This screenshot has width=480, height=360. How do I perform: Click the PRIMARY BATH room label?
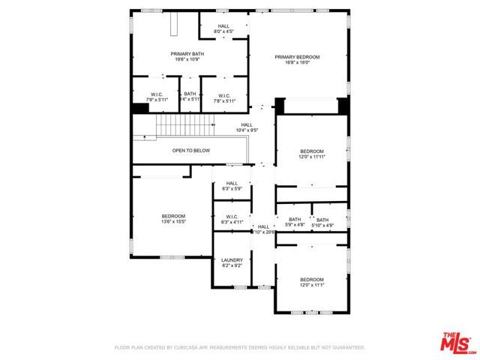(x=187, y=54)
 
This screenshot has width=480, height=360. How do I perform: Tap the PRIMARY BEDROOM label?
(x=297, y=57)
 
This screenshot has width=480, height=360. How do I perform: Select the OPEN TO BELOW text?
(x=190, y=151)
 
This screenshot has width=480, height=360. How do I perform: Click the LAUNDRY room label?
(x=232, y=260)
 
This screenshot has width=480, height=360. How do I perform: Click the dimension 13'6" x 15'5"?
(x=172, y=222)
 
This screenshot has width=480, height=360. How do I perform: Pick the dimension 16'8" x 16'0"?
(x=297, y=63)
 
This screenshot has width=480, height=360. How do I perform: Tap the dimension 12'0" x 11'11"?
(x=311, y=157)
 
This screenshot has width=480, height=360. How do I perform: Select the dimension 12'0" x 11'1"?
(x=311, y=285)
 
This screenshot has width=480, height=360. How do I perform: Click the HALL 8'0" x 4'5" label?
(x=224, y=28)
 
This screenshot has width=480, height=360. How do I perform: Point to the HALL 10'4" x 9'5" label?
(x=247, y=127)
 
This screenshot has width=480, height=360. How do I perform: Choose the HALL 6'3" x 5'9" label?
(x=232, y=186)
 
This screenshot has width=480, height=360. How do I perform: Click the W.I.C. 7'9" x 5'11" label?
(x=157, y=97)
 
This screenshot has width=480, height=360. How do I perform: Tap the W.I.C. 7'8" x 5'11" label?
(x=224, y=97)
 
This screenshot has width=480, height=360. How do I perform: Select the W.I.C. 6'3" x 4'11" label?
(x=232, y=219)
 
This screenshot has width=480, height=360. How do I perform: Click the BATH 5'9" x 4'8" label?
(x=295, y=223)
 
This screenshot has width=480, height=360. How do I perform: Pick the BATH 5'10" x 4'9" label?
(x=322, y=223)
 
